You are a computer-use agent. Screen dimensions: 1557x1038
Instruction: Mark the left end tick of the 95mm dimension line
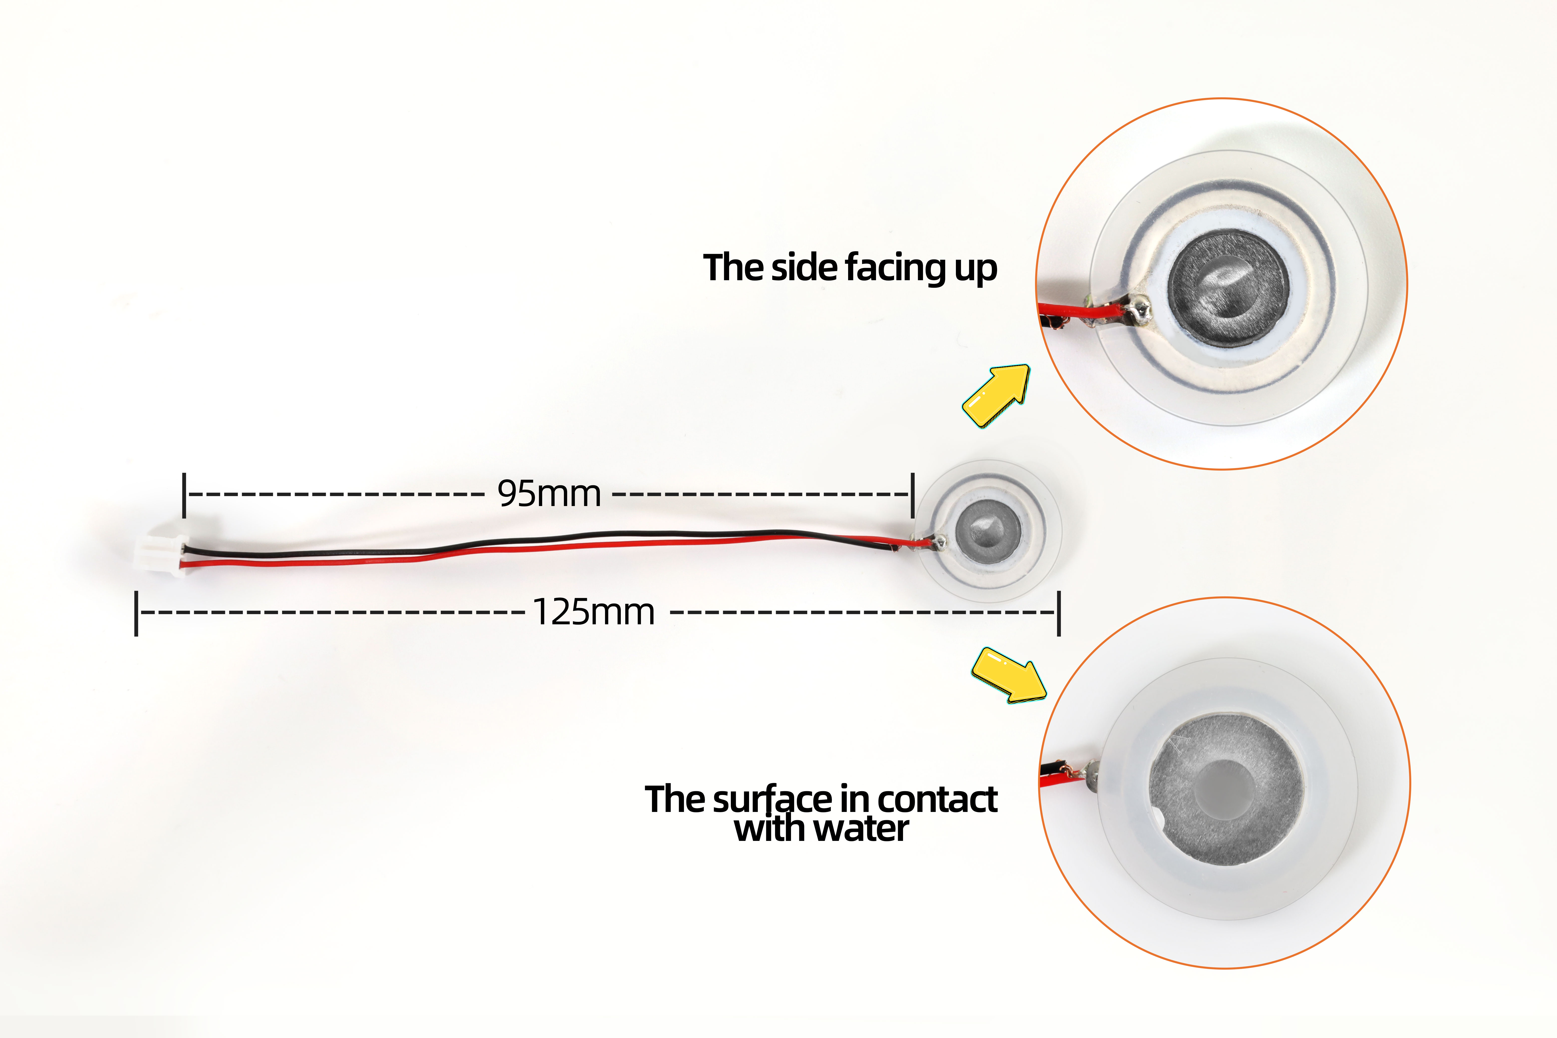pos(184,495)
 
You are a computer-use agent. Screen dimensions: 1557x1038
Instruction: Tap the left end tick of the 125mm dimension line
pos(136,614)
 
